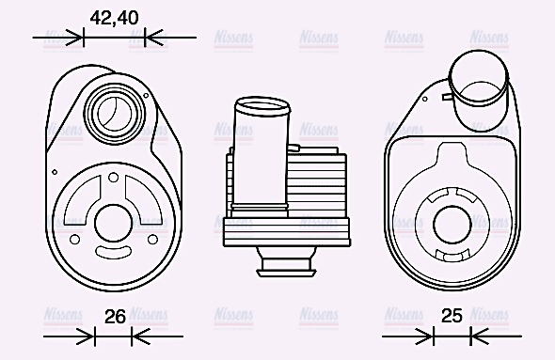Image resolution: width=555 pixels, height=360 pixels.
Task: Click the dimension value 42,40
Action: pos(114,17)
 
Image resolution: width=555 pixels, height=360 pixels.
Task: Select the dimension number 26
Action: pos(115,317)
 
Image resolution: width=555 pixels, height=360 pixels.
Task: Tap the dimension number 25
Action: pos(452,317)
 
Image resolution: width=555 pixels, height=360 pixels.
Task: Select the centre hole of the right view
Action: pos(453,223)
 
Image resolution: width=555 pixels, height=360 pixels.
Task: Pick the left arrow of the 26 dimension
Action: pos(85,337)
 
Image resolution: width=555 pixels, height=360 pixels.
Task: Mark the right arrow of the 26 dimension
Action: pos(140,337)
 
